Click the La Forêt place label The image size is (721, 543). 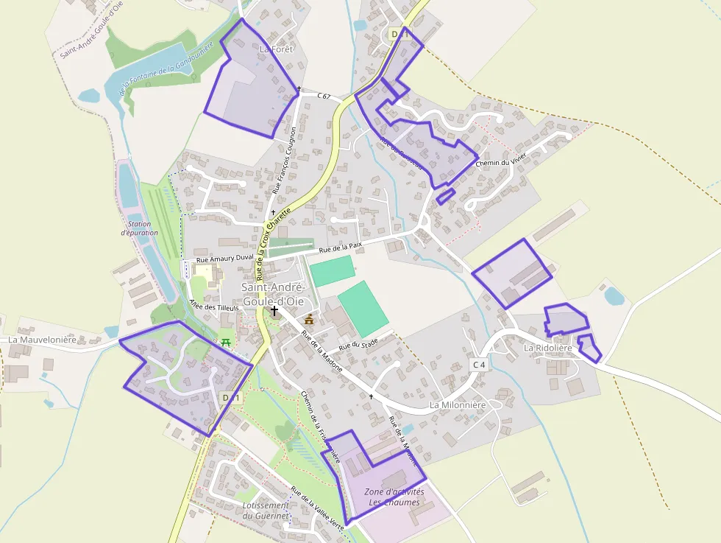pyautogui.click(x=277, y=49)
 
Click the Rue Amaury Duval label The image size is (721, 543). pyautogui.click(x=224, y=259)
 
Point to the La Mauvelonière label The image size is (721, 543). pyautogui.click(x=43, y=340)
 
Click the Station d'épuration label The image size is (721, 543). pyautogui.click(x=140, y=228)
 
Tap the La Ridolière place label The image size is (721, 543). pyautogui.click(x=547, y=348)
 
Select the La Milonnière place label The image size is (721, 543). pyautogui.click(x=458, y=405)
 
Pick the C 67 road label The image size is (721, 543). pyautogui.click(x=324, y=96)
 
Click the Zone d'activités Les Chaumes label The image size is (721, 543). pyautogui.click(x=394, y=497)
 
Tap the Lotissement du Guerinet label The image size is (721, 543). pyautogui.click(x=265, y=510)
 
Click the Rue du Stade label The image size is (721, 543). pyautogui.click(x=358, y=344)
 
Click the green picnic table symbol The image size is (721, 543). pyautogui.click(x=226, y=342)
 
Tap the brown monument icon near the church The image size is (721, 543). pyautogui.click(x=309, y=319)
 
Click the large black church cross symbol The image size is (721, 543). pyautogui.click(x=274, y=311)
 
